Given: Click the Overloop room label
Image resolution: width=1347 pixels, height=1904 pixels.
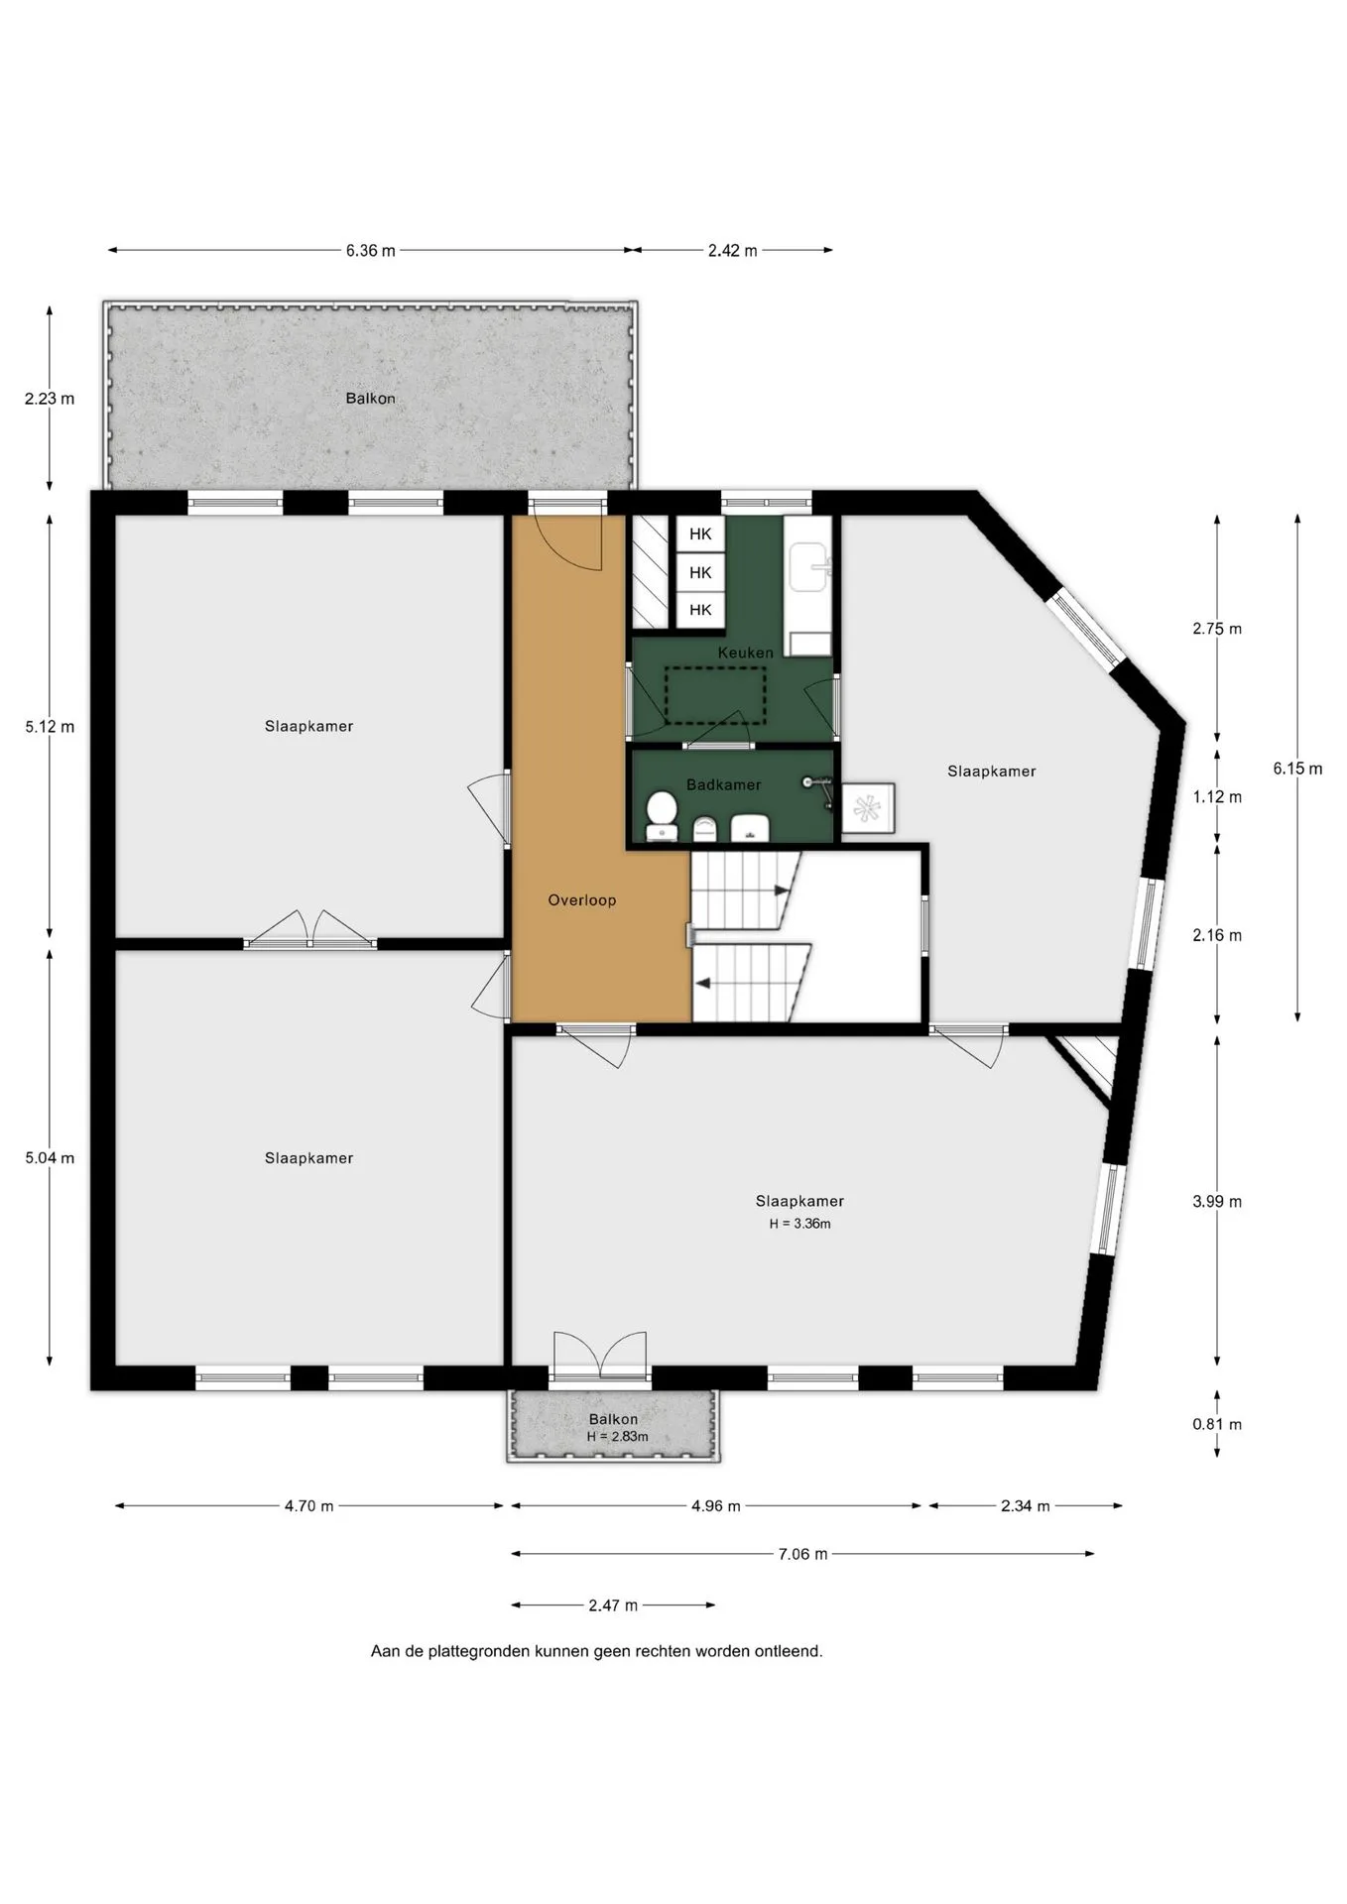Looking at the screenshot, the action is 582,900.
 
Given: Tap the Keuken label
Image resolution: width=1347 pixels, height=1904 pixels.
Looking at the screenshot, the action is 746,653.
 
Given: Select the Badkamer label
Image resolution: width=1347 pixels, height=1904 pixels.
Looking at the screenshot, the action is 724,784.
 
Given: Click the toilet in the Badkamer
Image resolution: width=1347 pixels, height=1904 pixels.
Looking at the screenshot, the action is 662,816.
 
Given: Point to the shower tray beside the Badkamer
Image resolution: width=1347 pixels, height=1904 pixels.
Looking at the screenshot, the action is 869,809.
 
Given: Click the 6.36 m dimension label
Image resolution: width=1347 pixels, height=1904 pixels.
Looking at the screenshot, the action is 371,251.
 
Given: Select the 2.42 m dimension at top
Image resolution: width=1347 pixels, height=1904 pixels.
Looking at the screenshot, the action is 733,251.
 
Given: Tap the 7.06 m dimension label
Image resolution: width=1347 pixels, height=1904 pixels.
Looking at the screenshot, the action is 802,1554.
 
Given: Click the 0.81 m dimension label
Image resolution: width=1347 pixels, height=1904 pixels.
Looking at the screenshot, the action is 1217,1424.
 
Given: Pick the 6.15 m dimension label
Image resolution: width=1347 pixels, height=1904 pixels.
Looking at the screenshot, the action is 1297,769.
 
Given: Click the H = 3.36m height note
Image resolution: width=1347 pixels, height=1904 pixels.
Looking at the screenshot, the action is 800,1224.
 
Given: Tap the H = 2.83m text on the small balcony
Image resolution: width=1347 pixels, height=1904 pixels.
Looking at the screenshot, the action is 617,1437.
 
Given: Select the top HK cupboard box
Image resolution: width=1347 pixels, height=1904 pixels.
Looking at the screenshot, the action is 700,535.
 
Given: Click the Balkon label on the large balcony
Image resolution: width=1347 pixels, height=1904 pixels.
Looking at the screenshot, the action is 371,399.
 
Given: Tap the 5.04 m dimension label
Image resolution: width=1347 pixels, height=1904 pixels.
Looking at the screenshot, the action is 50,1157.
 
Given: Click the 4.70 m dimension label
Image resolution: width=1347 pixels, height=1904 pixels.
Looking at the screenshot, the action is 309,1505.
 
